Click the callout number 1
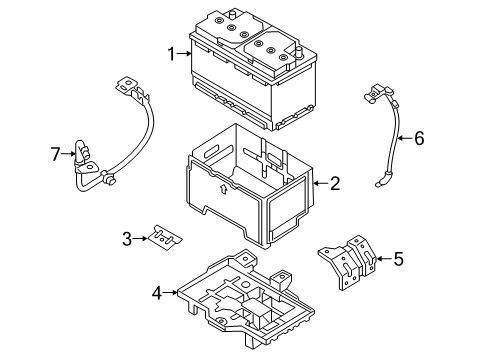pyautogui.click(x=172, y=55)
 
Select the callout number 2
pyautogui.click(x=335, y=183)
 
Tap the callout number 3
pyautogui.click(x=128, y=239)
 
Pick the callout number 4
pyautogui.click(x=156, y=295)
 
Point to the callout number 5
pyautogui.click(x=398, y=260)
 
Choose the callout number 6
pyautogui.click(x=419, y=139)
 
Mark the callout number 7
pyautogui.click(x=56, y=153)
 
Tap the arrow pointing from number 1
pyautogui.click(x=184, y=55)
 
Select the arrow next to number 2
pyautogui.click(x=319, y=183)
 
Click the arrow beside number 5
pyautogui.click(x=382, y=260)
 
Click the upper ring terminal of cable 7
pyautogui.click(x=127, y=86)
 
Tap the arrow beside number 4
pyautogui.click(x=171, y=295)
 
